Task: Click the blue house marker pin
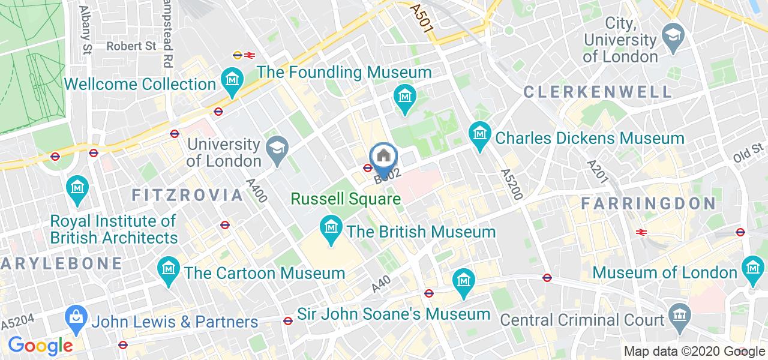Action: (383, 157)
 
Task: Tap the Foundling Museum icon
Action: (406, 95)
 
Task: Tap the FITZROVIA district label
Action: (187, 195)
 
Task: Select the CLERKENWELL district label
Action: (598, 92)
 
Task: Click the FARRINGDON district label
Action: (648, 203)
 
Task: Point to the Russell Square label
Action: (346, 199)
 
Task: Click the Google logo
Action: (40, 346)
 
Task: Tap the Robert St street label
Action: (131, 46)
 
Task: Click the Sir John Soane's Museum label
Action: (394, 314)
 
